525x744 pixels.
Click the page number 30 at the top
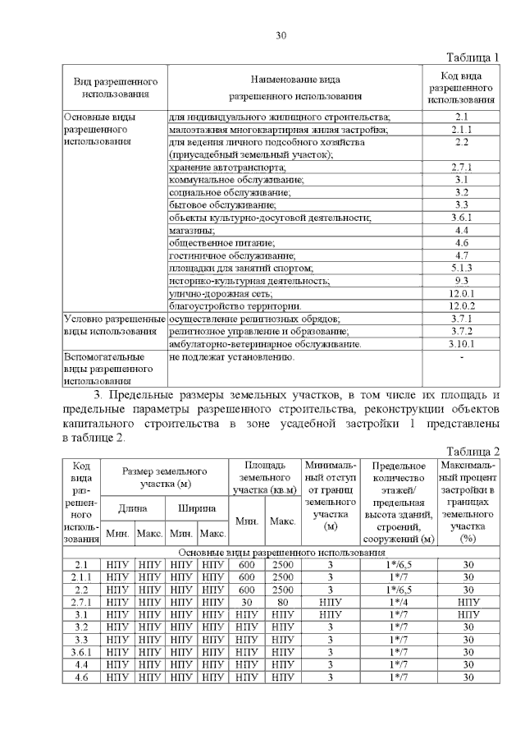[281, 34]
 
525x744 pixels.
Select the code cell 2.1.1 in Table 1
[461, 130]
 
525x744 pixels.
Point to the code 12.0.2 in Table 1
[461, 305]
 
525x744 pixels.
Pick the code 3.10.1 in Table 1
[461, 344]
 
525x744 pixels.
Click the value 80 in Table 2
[282, 601]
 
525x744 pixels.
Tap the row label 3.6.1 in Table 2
[81, 652]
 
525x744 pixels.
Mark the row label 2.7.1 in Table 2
[81, 601]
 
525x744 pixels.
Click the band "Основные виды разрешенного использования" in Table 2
[281, 553]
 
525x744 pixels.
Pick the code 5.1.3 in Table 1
[461, 268]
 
